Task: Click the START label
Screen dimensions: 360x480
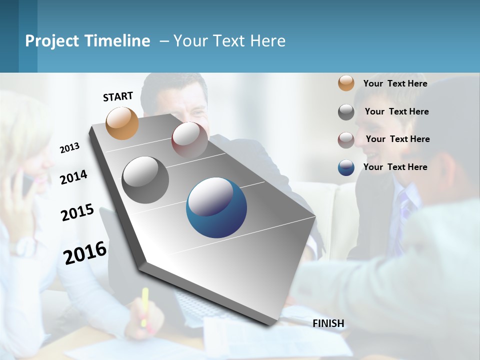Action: coord(118,96)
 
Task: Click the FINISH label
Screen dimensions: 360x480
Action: coord(328,323)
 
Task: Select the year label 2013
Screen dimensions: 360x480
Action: coord(69,148)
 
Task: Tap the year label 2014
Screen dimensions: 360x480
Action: coord(73,177)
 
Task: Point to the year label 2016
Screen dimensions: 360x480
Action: coord(85,252)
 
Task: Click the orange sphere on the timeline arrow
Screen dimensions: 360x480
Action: coord(122,123)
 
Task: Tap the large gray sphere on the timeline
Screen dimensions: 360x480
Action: coord(145,179)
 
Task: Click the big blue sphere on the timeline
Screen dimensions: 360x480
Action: coord(216,207)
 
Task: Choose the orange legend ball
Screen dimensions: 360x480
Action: coord(346,83)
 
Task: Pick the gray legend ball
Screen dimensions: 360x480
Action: coord(346,112)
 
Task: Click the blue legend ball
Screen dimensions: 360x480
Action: coord(346,167)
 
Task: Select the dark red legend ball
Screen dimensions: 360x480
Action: coord(346,139)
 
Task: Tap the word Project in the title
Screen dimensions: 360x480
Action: coord(51,41)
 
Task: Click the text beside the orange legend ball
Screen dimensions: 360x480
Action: coord(395,83)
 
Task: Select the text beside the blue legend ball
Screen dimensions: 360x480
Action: coord(395,167)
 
